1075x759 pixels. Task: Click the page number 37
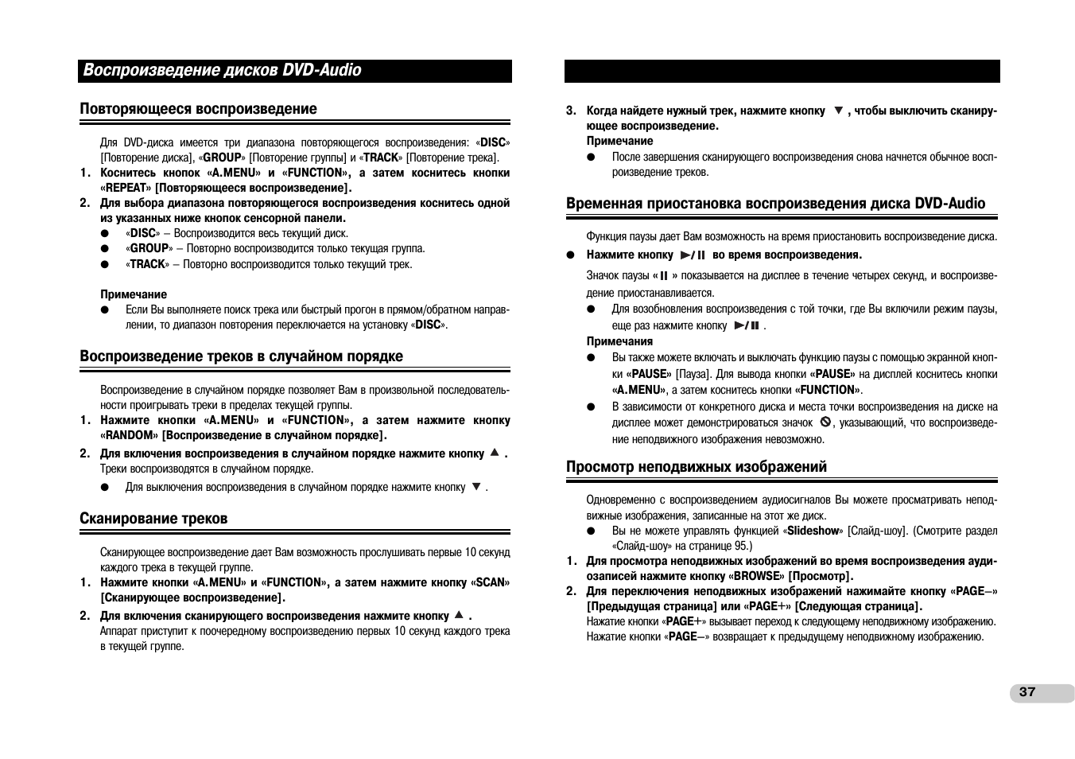pyautogui.click(x=1027, y=692)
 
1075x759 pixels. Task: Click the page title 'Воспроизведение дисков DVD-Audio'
pyautogui.click(x=223, y=71)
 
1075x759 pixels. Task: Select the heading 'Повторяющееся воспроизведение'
pyautogui.click(x=198, y=109)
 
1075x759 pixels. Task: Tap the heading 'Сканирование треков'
pyautogui.click(x=153, y=519)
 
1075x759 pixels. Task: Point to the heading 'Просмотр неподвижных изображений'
pyautogui.click(x=697, y=467)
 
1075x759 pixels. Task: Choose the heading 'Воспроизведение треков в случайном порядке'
pyautogui.click(x=241, y=356)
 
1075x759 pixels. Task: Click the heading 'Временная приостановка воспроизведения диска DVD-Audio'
pyautogui.click(x=775, y=204)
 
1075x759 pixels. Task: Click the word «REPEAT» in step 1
pyautogui.click(x=126, y=189)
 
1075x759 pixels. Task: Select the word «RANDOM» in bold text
pyautogui.click(x=130, y=436)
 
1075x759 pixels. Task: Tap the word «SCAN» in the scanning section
pyautogui.click(x=491, y=582)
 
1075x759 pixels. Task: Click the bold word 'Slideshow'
pyautogui.click(x=813, y=531)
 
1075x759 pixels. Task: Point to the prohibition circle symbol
pyautogui.click(x=825, y=422)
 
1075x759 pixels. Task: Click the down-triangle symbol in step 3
pyautogui.click(x=837, y=111)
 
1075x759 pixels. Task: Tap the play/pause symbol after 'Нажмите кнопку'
pyautogui.click(x=693, y=255)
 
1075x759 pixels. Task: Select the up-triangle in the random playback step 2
pyautogui.click(x=494, y=453)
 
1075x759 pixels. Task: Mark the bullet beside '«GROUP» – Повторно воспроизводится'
pyautogui.click(x=104, y=249)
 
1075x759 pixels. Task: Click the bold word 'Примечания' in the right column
pyautogui.click(x=619, y=341)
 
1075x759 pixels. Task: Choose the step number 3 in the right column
pyautogui.click(x=569, y=111)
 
